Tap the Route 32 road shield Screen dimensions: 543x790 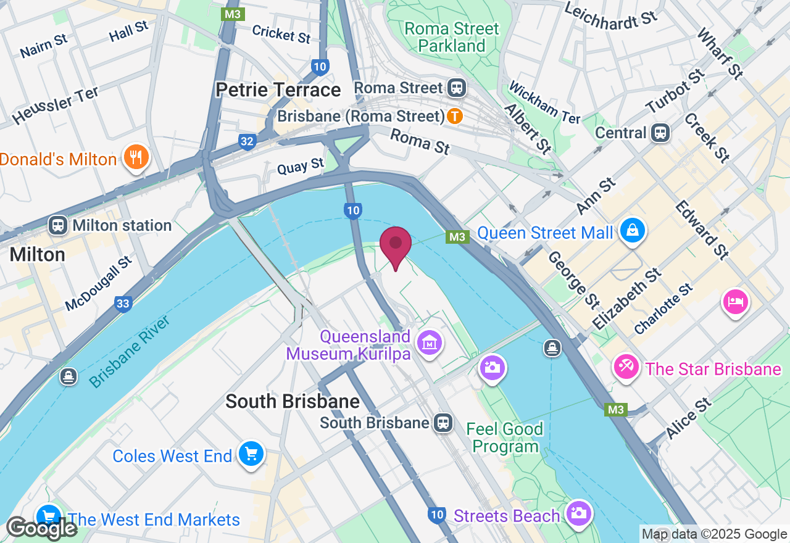(247, 142)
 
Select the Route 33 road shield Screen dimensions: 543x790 (123, 303)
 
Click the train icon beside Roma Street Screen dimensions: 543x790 (457, 88)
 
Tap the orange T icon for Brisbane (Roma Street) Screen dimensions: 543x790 (455, 115)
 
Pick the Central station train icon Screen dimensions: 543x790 (660, 133)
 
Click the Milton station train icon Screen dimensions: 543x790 (59, 225)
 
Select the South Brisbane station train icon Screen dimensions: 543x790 (443, 423)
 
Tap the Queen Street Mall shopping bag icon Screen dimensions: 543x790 (633, 231)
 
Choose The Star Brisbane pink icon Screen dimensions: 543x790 (626, 368)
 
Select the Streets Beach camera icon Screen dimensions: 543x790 (578, 513)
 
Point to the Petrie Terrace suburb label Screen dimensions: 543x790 (278, 90)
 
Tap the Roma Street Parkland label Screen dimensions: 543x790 (452, 37)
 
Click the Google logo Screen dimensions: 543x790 (41, 528)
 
